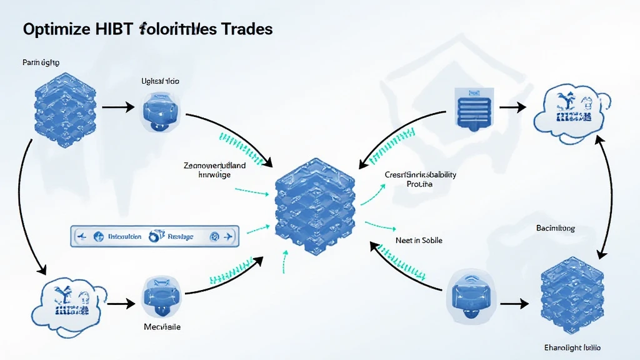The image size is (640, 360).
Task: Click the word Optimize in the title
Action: point(54,29)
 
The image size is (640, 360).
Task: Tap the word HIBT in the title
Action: point(113,29)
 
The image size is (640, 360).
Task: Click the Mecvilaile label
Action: point(162,327)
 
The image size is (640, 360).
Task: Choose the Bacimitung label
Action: point(555,229)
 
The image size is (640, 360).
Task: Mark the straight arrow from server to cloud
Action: point(513,107)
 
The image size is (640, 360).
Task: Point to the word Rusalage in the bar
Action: point(181,237)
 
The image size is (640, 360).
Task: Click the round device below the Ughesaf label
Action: point(161,110)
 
